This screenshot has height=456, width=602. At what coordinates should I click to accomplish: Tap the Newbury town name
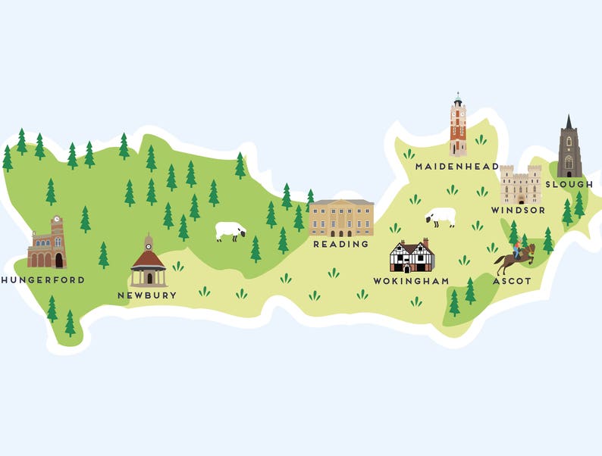[x=147, y=295]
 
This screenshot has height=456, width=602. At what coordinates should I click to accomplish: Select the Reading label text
[x=341, y=245]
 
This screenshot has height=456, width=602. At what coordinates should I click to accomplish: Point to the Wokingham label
[x=411, y=281]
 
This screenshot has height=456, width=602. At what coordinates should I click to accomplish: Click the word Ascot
[x=512, y=281]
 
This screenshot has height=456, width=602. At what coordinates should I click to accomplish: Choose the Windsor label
[x=518, y=210]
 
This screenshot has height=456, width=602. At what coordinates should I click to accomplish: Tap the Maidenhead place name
[x=457, y=167]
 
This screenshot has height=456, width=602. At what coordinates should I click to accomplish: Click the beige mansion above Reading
[x=341, y=217]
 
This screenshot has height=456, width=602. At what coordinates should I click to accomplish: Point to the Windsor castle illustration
[x=520, y=185]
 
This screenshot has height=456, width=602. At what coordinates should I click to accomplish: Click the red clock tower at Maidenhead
[x=457, y=126]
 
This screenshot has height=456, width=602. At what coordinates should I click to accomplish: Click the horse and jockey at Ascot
[x=516, y=258]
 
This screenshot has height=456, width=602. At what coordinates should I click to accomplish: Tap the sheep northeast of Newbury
[x=230, y=230]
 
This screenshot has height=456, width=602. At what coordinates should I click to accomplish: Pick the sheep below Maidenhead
[x=441, y=217]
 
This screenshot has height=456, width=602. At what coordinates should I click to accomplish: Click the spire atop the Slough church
[x=569, y=123]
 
